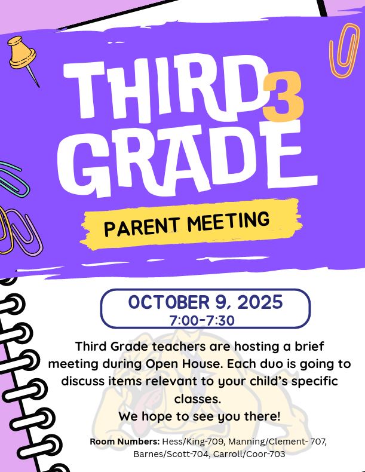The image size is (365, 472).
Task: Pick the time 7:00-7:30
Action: (x=202, y=320)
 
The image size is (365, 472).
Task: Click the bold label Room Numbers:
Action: (x=124, y=442)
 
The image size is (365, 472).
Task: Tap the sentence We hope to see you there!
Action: (x=199, y=416)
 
